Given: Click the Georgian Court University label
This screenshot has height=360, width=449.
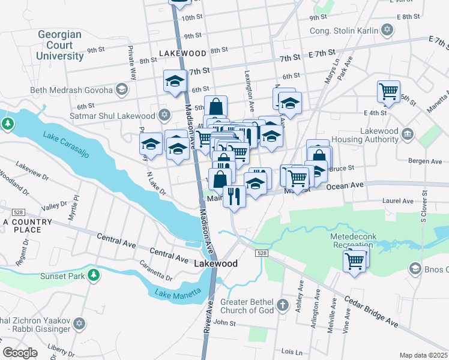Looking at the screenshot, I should coord(60,45).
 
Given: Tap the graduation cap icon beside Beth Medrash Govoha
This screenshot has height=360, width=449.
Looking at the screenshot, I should coord(122,90).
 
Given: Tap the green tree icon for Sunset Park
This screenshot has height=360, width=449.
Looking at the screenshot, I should coord(93,275).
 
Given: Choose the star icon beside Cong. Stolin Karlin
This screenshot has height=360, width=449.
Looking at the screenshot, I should coord(387,30).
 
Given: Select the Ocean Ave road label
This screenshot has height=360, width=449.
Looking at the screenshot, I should coord(345,186).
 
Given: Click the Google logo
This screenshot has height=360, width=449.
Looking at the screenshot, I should coord(20,353).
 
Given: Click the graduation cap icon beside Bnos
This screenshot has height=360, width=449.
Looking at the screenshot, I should coord(414,268).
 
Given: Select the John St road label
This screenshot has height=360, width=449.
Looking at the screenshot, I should coord(224,323).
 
